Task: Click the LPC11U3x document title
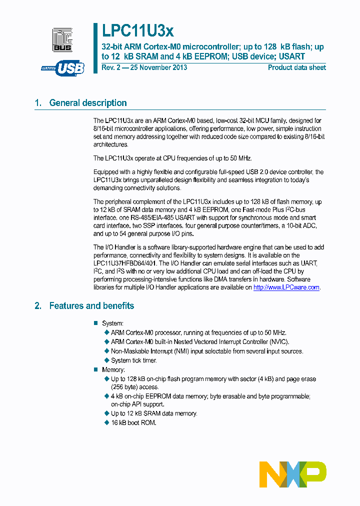pyautogui.click(x=138, y=31)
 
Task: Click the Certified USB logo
pyautogui.click(x=63, y=68)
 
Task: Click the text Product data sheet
pyautogui.click(x=296, y=67)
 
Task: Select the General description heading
pyautogui.click(x=87, y=103)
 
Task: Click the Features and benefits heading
pyautogui.click(x=91, y=305)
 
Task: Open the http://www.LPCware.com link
pyautogui.click(x=286, y=287)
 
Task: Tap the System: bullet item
pyautogui.click(x=112, y=323)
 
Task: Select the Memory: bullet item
pyautogui.click(x=113, y=369)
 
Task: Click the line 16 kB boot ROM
pyautogui.click(x=133, y=422)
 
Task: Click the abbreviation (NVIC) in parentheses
pyautogui.click(x=278, y=342)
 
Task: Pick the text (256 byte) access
pyautogui.click(x=135, y=386)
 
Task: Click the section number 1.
pyautogui.click(x=38, y=103)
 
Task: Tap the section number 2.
pyautogui.click(x=38, y=305)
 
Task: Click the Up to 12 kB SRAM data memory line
pyautogui.click(x=154, y=413)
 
